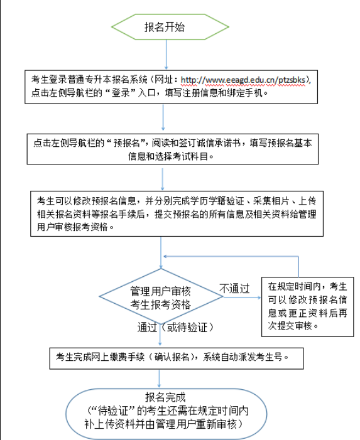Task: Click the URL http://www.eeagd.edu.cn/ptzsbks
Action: click(244, 80)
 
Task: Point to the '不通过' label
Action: click(234, 289)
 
